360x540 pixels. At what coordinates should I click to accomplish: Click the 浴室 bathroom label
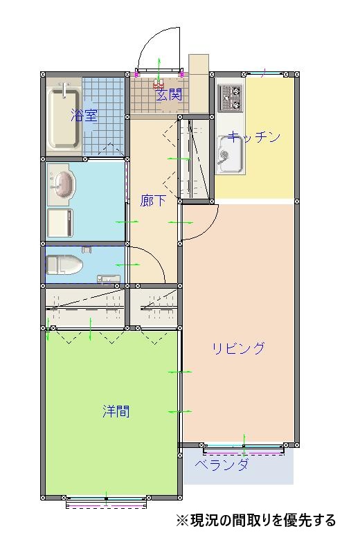tap(84, 116)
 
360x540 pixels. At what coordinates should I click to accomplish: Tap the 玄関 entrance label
tap(168, 95)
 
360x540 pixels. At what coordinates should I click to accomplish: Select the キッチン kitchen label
tap(254, 136)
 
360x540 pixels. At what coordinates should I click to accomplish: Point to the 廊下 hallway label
tap(153, 201)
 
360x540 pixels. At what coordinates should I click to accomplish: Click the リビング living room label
tap(238, 348)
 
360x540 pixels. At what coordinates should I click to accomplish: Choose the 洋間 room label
tap(116, 411)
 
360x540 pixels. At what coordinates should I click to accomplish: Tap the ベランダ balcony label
tap(222, 465)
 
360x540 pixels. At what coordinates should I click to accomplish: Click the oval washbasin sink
tap(62, 186)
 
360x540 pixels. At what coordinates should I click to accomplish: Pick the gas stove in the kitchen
tap(229, 98)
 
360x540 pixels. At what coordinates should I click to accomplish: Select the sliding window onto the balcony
tap(244, 449)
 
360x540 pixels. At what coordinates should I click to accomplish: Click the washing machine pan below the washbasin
tap(60, 222)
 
